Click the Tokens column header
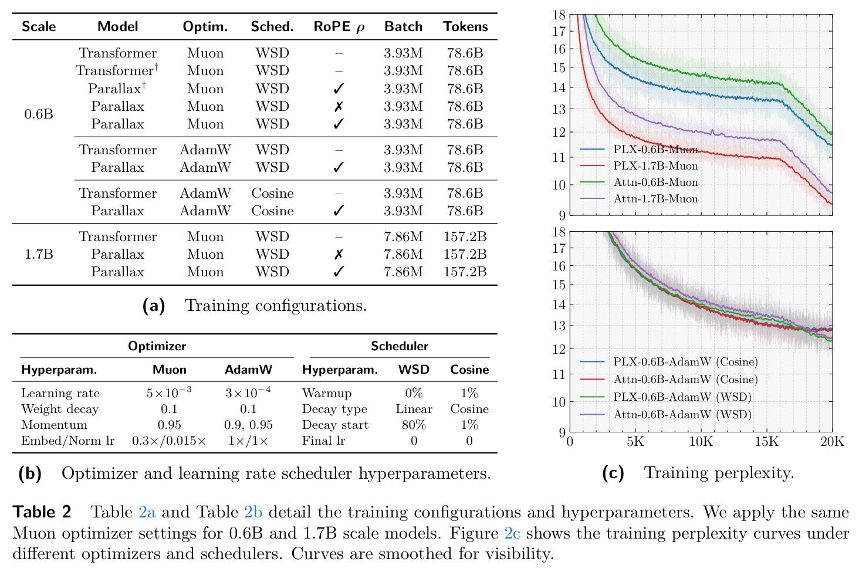(465, 26)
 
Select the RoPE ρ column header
(339, 27)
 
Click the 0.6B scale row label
(39, 114)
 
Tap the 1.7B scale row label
(39, 254)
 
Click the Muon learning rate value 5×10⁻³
(169, 392)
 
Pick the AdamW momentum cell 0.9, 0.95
(248, 425)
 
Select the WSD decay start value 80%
(414, 425)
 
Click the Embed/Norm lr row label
(68, 441)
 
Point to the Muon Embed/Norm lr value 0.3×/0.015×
(169, 441)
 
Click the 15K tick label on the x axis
(766, 442)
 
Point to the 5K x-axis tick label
(635, 442)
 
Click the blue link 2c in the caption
(512, 533)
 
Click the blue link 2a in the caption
(147, 512)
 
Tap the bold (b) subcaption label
(30, 473)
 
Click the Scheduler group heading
(399, 346)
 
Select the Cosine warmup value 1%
(469, 393)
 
